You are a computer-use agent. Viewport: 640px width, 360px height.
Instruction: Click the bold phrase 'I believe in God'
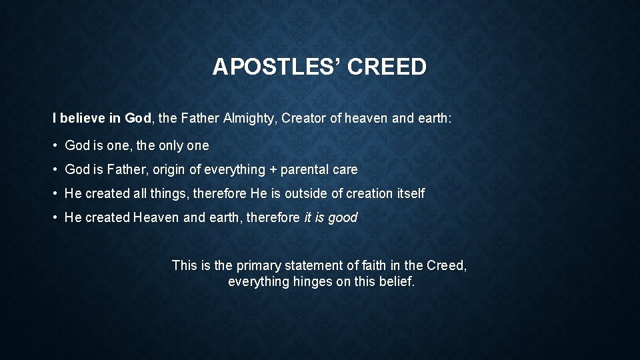pyautogui.click(x=102, y=119)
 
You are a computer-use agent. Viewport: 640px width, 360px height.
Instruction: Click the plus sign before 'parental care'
pyautogui.click(x=273, y=170)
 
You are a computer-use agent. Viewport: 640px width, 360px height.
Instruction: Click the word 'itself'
pyautogui.click(x=409, y=193)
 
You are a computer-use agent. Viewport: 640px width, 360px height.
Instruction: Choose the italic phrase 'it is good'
pyautogui.click(x=331, y=217)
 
